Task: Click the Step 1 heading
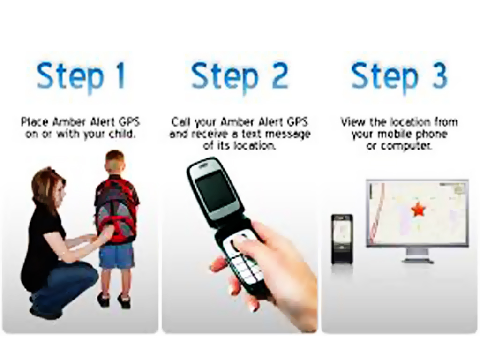tap(81, 76)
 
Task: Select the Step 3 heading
tap(399, 76)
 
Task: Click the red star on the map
tap(417, 209)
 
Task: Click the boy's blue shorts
tap(116, 255)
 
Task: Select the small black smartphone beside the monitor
tap(342, 238)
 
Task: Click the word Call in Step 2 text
tap(181, 123)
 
